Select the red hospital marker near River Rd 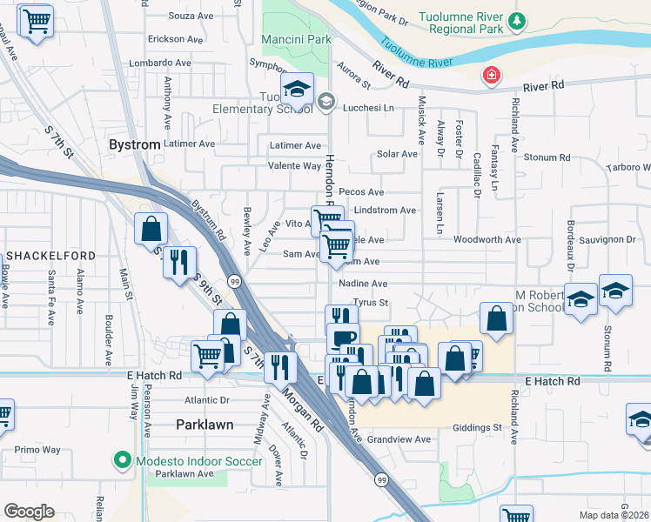tap(493, 76)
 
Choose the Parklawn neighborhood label tap(205, 425)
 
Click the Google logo tap(29, 512)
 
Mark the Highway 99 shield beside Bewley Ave tap(235, 281)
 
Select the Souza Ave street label tap(191, 16)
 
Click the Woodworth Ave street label tap(487, 239)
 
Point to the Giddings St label tap(478, 427)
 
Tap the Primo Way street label tap(37, 450)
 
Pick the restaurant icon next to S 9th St tap(179, 262)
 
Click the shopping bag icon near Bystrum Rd tap(151, 230)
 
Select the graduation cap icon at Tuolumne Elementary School tap(297, 90)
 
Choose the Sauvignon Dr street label tap(607, 239)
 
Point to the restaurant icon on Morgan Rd tap(280, 367)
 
